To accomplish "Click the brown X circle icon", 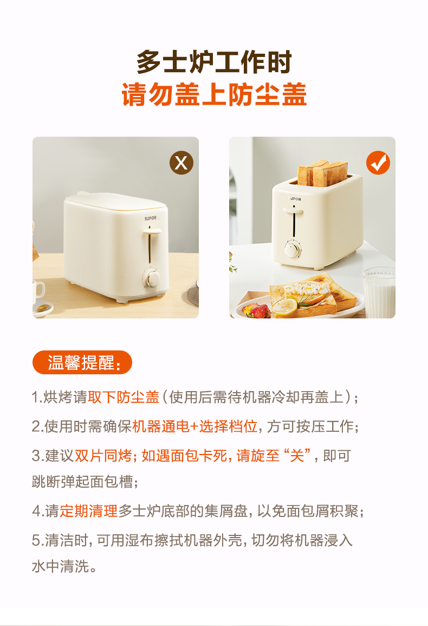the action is (x=181, y=163).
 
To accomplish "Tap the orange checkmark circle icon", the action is (x=378, y=163).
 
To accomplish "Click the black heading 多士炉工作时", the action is (x=214, y=62).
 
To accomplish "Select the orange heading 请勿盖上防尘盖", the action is (x=214, y=94).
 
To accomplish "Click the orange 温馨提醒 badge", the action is (x=82, y=362).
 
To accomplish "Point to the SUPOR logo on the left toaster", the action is (x=151, y=219).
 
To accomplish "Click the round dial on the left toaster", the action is (x=152, y=278).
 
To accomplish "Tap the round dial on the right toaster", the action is (x=293, y=250).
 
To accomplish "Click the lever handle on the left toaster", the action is (x=152, y=231).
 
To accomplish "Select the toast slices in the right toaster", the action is (x=322, y=173).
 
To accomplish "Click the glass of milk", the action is (x=379, y=292).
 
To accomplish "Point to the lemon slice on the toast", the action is (x=285, y=306).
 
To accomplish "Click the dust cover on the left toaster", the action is (x=116, y=201).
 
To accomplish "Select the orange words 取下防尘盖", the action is (x=124, y=397).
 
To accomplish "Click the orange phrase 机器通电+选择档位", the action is (x=194, y=426).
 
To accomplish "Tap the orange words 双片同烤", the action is (x=103, y=456).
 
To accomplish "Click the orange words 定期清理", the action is (x=88, y=511).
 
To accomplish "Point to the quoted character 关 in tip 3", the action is (x=297, y=456).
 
